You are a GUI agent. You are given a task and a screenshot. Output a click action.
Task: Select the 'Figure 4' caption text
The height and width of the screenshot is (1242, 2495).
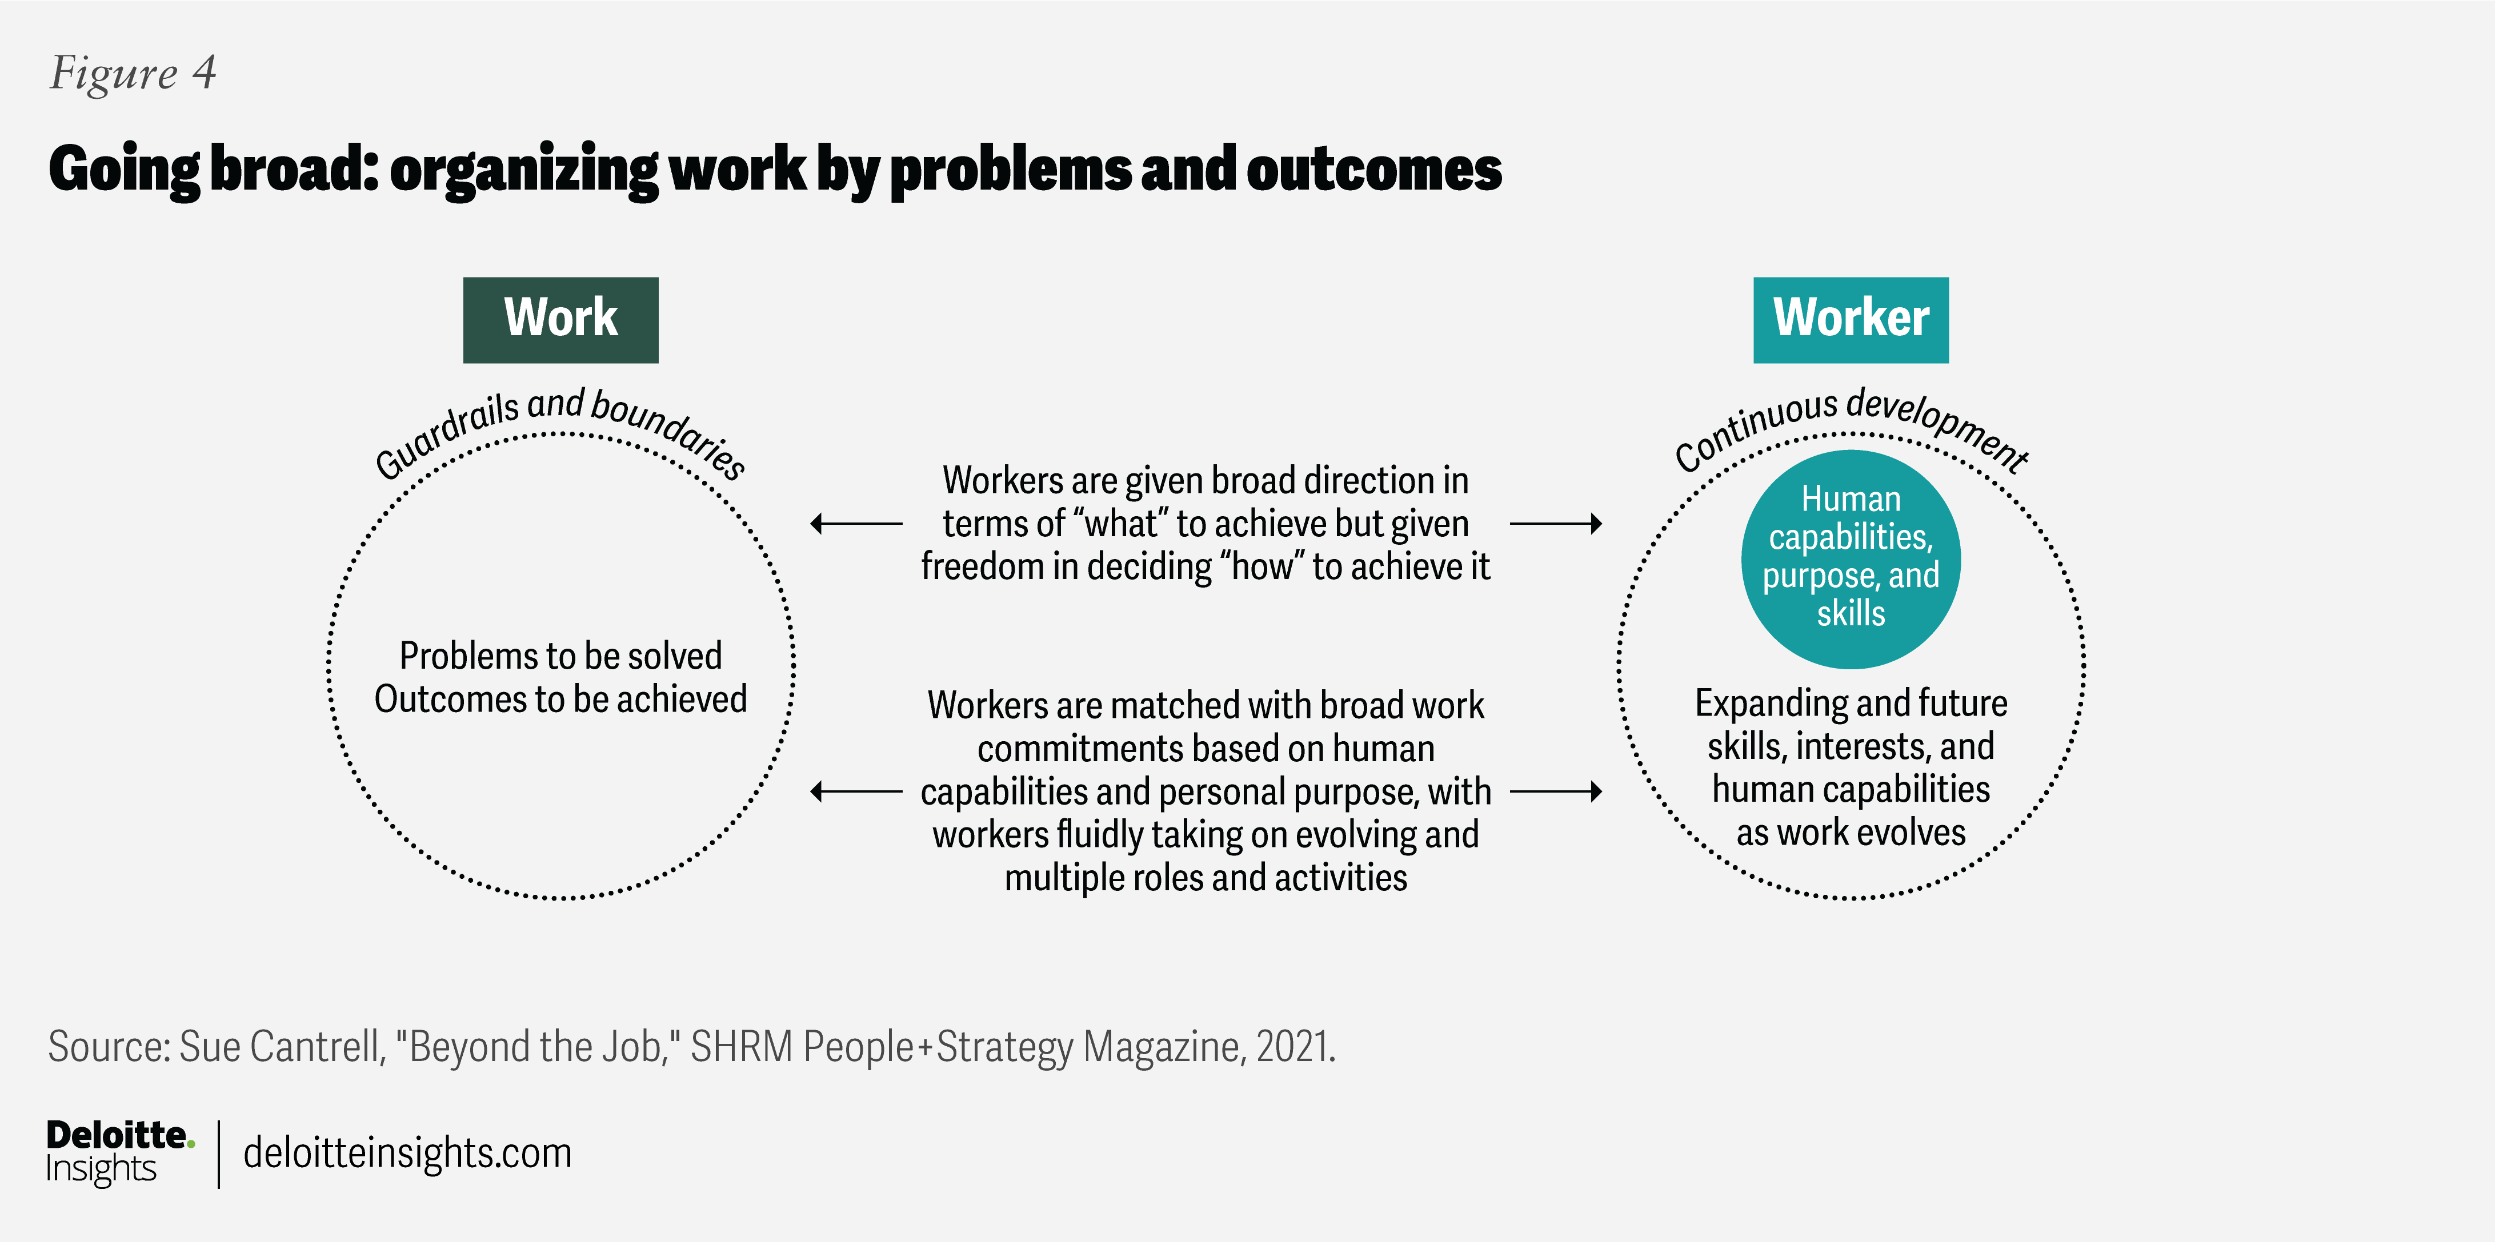133,73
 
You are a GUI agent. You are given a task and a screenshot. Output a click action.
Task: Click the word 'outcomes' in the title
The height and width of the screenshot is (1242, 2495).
1373,170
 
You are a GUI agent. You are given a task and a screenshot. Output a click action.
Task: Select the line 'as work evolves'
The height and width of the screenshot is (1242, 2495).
1850,833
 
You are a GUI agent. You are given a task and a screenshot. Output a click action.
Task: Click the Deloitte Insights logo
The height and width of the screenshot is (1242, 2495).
118,1152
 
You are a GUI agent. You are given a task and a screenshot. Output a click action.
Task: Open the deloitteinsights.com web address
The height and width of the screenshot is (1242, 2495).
407,1153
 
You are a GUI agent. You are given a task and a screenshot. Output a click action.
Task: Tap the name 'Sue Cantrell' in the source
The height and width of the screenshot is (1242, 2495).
282,1047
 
